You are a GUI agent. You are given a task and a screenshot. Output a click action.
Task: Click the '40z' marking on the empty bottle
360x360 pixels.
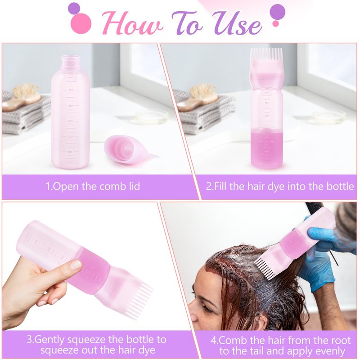click(70, 106)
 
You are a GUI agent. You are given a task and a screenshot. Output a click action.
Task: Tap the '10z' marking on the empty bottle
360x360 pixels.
click(70, 152)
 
